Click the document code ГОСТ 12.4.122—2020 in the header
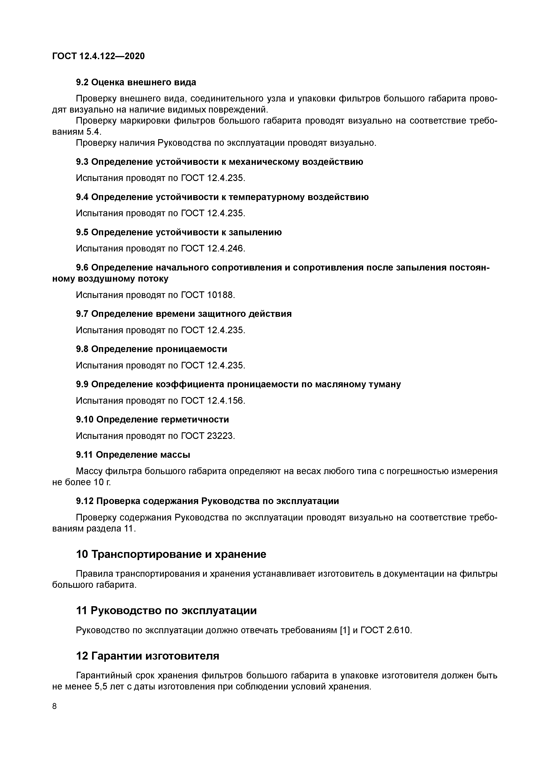[98, 56]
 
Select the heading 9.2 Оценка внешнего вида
[136, 82]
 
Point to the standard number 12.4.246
[225, 248]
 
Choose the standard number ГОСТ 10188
[208, 295]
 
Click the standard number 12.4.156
[225, 401]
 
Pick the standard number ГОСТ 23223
[208, 436]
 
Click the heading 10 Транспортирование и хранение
[171, 554]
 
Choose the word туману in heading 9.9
[383, 384]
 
